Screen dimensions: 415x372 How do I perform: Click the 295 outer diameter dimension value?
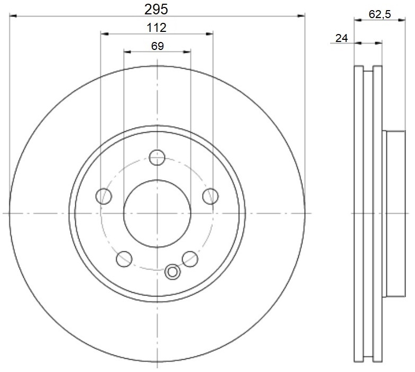(156, 10)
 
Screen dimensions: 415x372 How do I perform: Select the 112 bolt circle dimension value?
(157, 28)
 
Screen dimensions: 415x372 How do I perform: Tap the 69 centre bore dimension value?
(158, 46)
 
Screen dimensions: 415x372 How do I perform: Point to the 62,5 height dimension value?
(380, 14)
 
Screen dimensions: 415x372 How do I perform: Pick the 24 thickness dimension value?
(341, 38)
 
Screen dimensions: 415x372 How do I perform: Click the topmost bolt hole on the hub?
(157, 157)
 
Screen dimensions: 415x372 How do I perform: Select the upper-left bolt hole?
(104, 196)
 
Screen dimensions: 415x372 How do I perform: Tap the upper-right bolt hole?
(210, 196)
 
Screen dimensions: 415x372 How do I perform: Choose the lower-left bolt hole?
(124, 259)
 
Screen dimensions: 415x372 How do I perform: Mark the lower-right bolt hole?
(190, 259)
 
